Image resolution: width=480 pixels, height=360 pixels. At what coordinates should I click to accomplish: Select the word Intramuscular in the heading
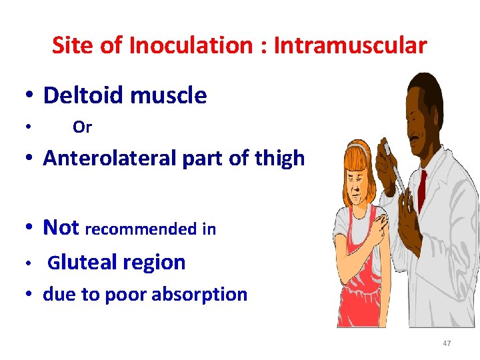(x=350, y=45)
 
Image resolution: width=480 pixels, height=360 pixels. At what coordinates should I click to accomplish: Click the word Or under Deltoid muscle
(x=82, y=127)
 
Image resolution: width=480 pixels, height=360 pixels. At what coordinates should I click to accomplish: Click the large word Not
(x=61, y=228)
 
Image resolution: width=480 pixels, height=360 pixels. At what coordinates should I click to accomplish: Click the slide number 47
(x=447, y=343)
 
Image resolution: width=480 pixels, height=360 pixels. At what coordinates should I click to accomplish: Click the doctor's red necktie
(x=421, y=190)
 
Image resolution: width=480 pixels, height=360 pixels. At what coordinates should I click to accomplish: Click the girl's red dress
(x=363, y=293)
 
